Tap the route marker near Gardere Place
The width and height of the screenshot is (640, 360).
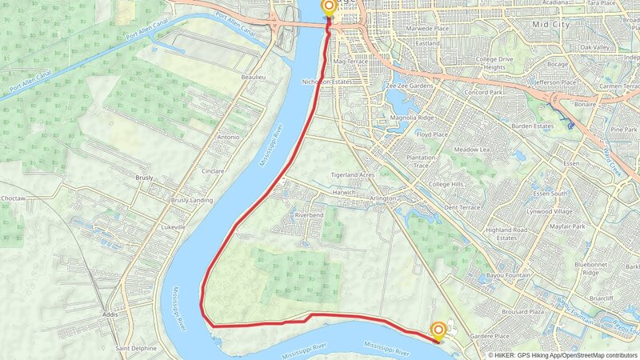[x=438, y=330]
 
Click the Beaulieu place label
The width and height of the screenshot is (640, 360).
[x=253, y=77]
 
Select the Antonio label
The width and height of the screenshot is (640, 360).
[x=228, y=137]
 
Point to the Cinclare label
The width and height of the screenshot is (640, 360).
[x=212, y=170]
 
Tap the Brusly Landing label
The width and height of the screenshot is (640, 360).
[x=192, y=200]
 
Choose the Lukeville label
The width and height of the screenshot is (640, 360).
[x=173, y=227]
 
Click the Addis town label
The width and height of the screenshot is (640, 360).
[x=110, y=315]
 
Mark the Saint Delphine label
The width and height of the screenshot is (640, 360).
[x=136, y=348]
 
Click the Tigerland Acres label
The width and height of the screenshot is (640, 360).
[x=353, y=174]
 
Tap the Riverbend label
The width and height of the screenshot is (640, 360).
[x=310, y=216]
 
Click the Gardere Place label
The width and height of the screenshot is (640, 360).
[x=490, y=336]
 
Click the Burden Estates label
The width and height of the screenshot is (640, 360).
[x=533, y=126]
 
